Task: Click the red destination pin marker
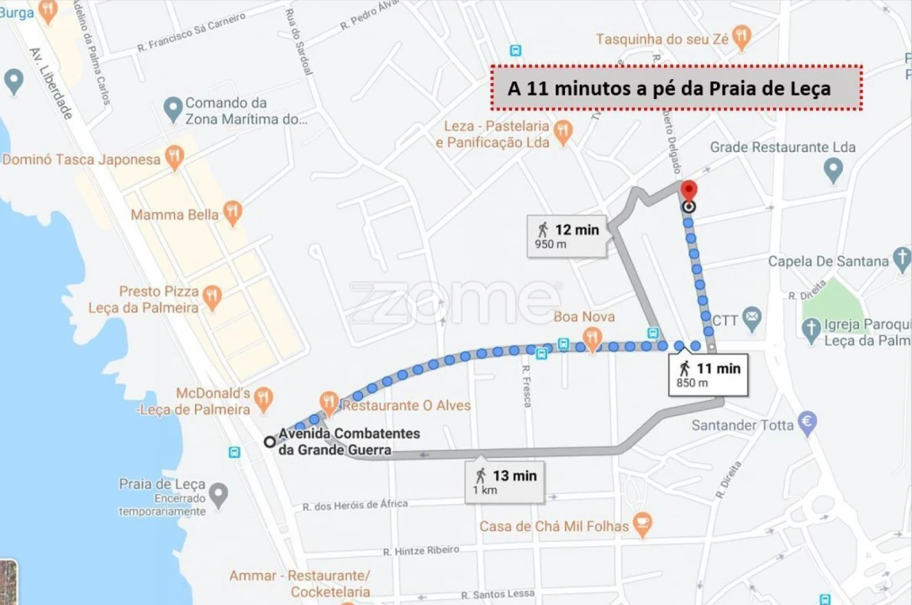(689, 192)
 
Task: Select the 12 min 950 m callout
(568, 235)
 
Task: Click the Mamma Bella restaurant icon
(233, 213)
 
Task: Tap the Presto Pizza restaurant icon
(213, 296)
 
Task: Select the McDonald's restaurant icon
(264, 398)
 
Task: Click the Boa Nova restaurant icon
(592, 338)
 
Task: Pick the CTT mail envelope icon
(752, 319)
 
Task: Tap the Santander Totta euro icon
(808, 423)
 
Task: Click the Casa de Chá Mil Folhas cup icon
(642, 525)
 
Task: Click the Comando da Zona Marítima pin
(172, 108)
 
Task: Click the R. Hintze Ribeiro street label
(421, 550)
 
